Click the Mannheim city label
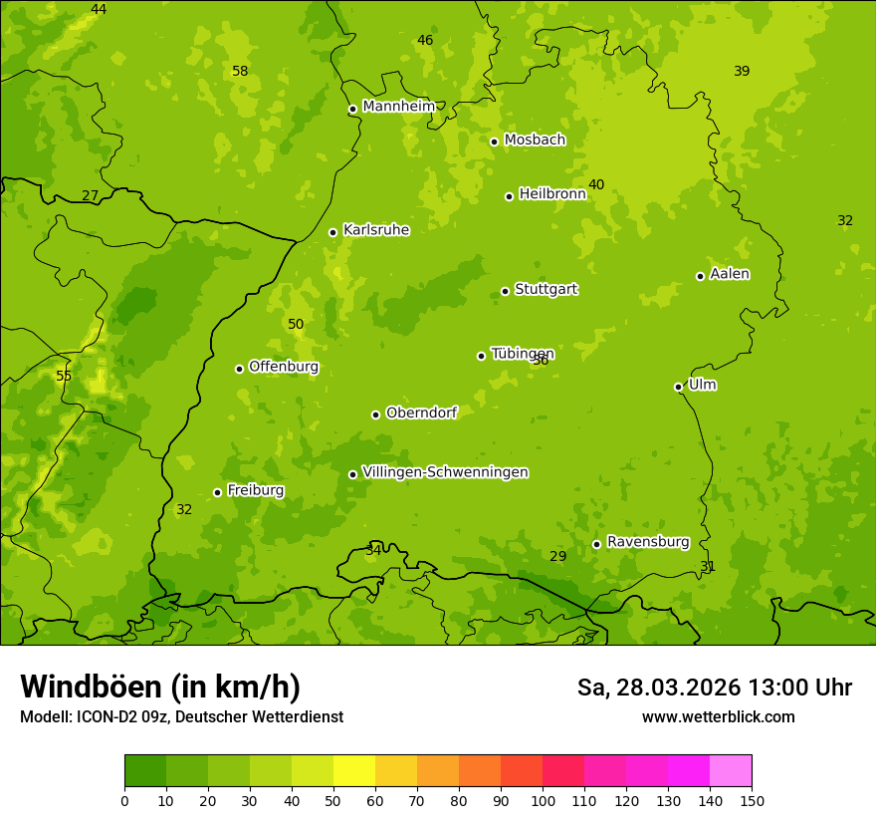click(398, 107)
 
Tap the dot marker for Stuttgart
click(505, 291)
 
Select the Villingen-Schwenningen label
click(445, 472)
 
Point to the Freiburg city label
click(255, 490)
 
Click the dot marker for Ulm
click(678, 387)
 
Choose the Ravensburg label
click(647, 542)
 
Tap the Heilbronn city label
click(551, 194)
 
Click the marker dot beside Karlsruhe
click(332, 232)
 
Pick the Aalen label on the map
click(730, 274)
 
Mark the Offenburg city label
click(283, 367)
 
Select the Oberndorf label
click(421, 413)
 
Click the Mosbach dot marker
click(494, 141)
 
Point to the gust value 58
click(240, 71)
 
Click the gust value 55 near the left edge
click(64, 376)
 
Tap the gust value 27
click(91, 195)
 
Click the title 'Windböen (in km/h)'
click(160, 687)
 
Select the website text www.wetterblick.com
click(718, 716)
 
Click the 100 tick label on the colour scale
click(543, 800)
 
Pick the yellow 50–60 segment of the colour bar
click(354, 771)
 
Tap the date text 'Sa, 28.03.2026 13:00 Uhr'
click(714, 688)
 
